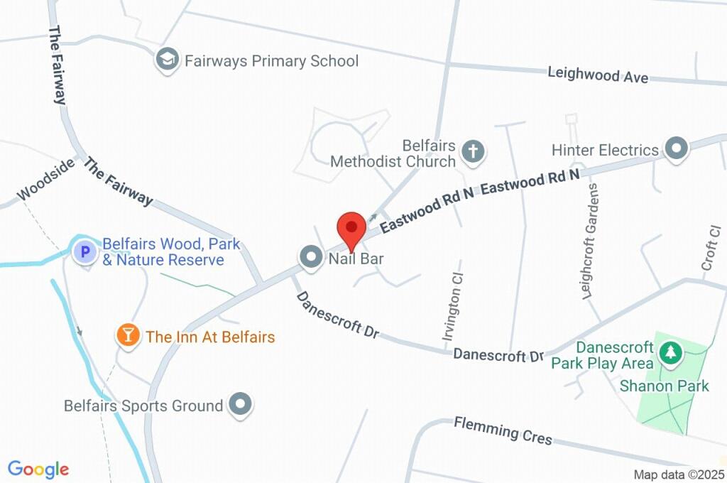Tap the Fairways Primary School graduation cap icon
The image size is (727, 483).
coord(168,60)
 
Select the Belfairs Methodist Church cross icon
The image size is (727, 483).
coord(473,151)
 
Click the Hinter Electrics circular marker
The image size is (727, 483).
coord(677,149)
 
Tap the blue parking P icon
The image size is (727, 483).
coord(85,251)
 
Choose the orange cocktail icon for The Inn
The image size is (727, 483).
coord(128,335)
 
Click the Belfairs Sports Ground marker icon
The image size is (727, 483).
coord(241,405)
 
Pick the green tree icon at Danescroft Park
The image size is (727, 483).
coord(669,351)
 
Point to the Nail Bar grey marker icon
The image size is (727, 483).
coord(310,257)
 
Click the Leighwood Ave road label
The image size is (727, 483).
coord(598,75)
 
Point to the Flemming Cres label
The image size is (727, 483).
coord(503,430)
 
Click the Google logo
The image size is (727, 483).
coord(38,469)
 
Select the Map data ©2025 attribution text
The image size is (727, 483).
coord(679,474)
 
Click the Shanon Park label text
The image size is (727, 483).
coord(665,386)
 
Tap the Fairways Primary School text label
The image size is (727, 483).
coord(271,61)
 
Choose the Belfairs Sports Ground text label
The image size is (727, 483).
coord(143,406)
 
